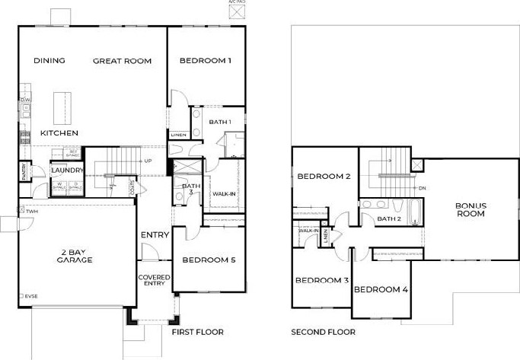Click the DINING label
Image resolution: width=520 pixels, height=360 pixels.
pyautogui.click(x=49, y=61)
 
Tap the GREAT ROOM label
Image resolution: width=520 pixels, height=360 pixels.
pyautogui.click(x=122, y=61)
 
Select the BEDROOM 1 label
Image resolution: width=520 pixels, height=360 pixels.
pyautogui.click(x=205, y=61)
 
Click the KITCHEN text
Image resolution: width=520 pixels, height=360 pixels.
pyautogui.click(x=59, y=133)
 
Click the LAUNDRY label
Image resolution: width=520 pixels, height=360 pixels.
pyautogui.click(x=67, y=170)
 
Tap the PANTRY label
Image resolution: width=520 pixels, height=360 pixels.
pyautogui.click(x=24, y=171)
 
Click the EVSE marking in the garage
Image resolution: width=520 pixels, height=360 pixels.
pyautogui.click(x=30, y=296)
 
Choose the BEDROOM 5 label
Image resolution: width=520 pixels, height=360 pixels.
pyautogui.click(x=209, y=260)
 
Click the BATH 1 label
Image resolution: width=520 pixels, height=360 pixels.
pyautogui.click(x=220, y=122)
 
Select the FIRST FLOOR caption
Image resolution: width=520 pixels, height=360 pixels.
pyautogui.click(x=197, y=332)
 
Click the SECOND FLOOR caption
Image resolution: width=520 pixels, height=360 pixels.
pyautogui.click(x=323, y=332)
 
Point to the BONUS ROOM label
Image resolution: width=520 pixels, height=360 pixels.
pyautogui.click(x=471, y=210)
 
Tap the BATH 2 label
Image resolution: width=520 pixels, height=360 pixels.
pyautogui.click(x=391, y=219)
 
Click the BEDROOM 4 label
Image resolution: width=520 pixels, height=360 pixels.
pyautogui.click(x=381, y=289)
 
